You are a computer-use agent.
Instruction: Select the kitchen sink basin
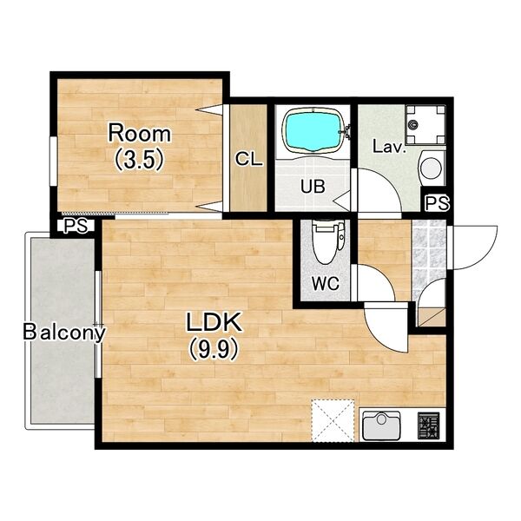pos(381,425)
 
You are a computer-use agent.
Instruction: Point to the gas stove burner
pos(428,425)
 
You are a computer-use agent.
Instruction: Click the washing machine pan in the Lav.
pos(425,124)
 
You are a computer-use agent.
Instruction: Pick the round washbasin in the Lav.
pos(432,168)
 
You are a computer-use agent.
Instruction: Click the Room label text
pos(140,133)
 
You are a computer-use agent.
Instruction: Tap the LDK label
pos(214,322)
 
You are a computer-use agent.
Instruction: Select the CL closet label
pos(249,160)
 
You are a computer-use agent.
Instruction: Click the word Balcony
pos(64,333)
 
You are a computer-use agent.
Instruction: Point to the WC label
pos(326,283)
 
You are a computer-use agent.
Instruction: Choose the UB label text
pos(313,187)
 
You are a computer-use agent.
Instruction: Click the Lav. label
pos(389,147)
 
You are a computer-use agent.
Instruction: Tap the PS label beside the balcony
pos(76,226)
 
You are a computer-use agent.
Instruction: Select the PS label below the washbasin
pos(438,202)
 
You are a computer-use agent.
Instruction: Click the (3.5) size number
pos(140,160)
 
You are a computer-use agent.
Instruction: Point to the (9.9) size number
pos(214,350)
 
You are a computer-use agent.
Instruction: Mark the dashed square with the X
pos(333,420)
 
